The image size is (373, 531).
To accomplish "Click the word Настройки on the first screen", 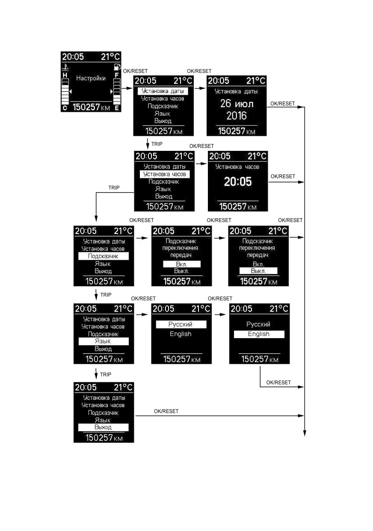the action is [x=91, y=78].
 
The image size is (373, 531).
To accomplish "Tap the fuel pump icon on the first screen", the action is [x=117, y=67].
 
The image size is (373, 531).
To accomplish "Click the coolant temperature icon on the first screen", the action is [x=65, y=68].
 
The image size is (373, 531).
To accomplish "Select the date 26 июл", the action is [x=237, y=104].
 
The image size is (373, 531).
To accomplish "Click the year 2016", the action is [x=237, y=116].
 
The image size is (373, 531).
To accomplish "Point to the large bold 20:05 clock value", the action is [x=238, y=182].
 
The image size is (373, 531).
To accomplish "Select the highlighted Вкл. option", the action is [x=181, y=264].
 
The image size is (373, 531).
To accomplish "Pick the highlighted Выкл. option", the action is [x=258, y=271].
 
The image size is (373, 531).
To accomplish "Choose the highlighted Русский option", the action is [x=181, y=324].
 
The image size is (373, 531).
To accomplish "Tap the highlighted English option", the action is [x=259, y=334].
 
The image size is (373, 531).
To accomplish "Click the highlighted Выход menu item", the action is [x=104, y=427].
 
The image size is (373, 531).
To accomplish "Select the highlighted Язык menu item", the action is [x=104, y=341].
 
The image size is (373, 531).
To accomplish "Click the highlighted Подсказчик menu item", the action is [x=104, y=256].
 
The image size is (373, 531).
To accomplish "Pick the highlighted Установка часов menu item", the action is [x=165, y=174].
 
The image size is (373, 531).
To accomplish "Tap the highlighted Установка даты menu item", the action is [x=163, y=91].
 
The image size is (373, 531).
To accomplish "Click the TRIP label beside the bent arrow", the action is [x=114, y=188].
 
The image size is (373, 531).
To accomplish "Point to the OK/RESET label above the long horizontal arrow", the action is [x=166, y=411].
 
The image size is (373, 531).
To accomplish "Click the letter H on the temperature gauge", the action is [x=65, y=75].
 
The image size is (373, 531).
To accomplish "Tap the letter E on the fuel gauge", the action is [x=117, y=108].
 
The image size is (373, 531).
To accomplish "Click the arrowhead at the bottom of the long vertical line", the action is [x=305, y=433].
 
